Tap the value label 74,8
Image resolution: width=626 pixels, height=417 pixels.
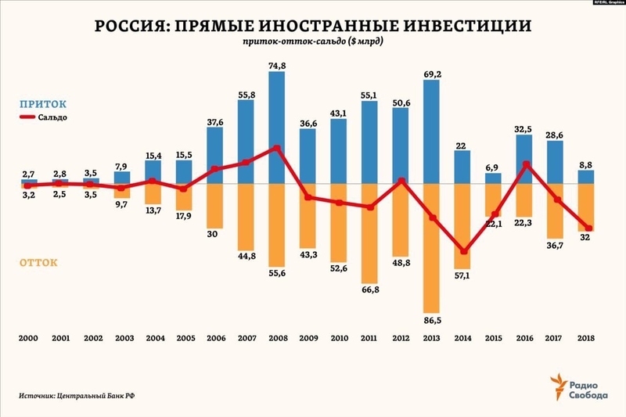[277, 67]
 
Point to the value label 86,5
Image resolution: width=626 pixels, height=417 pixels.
[431, 319]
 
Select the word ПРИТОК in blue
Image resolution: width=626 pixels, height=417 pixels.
[43, 102]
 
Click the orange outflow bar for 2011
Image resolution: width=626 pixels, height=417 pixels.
[369, 233]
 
